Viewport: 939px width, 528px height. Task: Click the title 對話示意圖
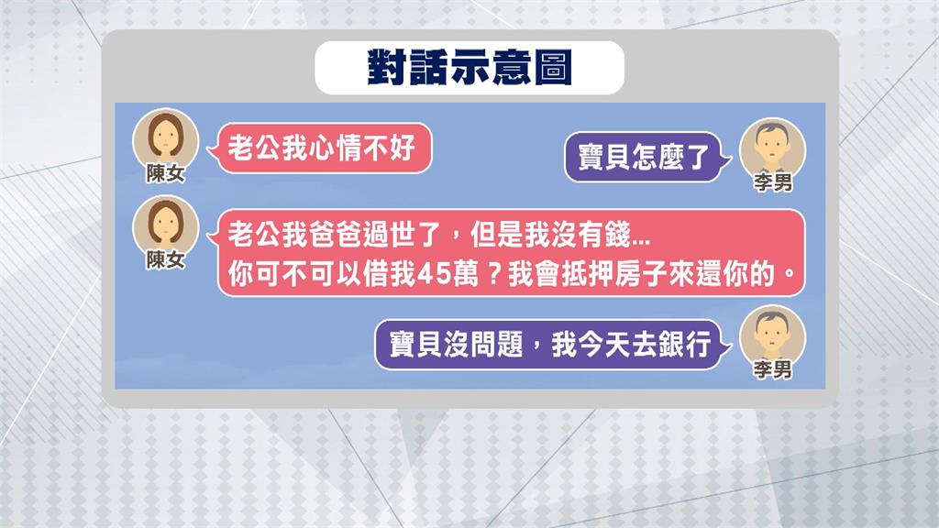point(469,68)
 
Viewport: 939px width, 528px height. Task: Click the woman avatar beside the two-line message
point(165,224)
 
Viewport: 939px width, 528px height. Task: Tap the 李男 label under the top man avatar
point(773,183)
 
